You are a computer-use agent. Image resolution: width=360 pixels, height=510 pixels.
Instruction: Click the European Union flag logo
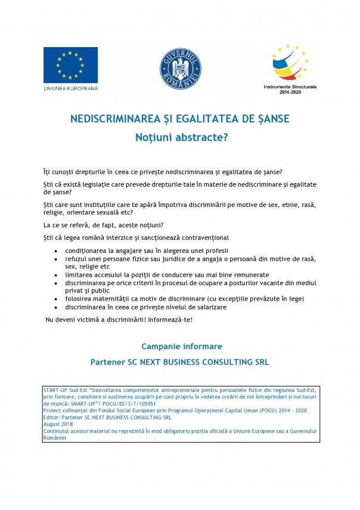point(70,65)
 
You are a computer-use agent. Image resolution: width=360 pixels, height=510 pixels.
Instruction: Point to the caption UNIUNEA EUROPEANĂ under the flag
point(70,89)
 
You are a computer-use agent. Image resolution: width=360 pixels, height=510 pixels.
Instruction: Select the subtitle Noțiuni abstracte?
point(179,137)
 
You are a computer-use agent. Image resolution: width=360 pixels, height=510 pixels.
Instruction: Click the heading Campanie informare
point(181,346)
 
